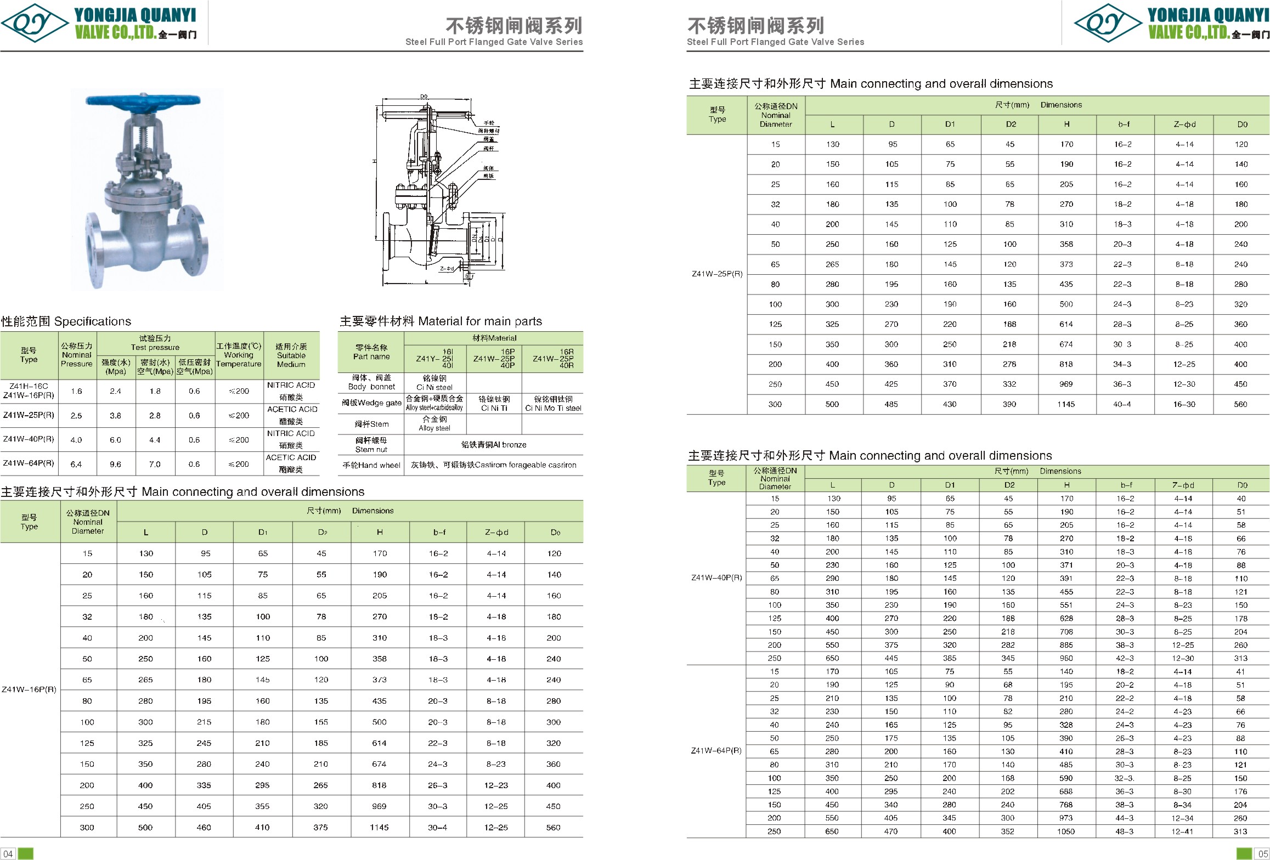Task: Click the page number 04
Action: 8,853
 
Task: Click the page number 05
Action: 1262,853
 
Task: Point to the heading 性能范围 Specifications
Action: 66,321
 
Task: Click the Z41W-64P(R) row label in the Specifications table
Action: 29,463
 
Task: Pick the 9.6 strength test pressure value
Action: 115,464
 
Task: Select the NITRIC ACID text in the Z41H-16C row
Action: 291,385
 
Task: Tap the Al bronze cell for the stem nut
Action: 493,445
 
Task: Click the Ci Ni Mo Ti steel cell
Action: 552,408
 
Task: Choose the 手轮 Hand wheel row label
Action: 371,465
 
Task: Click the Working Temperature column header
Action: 239,355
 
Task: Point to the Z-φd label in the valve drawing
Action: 447,269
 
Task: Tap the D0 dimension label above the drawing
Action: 424,97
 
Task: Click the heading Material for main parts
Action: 441,321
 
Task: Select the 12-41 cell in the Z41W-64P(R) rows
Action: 1182,831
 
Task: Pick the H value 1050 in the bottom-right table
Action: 1066,831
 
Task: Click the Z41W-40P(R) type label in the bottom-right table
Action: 716,578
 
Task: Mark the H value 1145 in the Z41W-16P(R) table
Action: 379,827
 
